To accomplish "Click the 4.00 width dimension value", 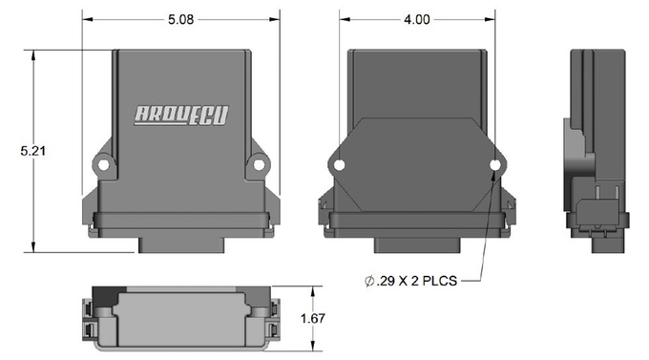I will pos(416,18).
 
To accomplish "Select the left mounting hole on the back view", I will pos(338,167).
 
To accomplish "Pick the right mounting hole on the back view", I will pos(494,167).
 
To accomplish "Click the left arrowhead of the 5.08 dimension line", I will pos(86,18).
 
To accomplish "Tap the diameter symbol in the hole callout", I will pos(368,281).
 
